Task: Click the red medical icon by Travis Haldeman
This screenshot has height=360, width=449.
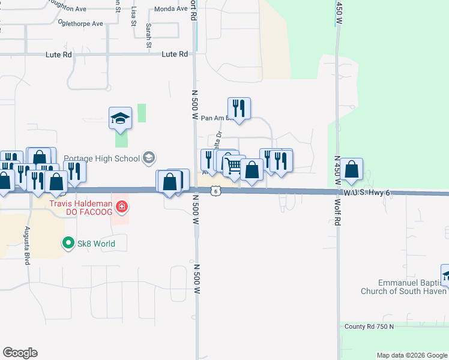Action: point(122,208)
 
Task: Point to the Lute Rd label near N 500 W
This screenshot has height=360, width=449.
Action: point(175,54)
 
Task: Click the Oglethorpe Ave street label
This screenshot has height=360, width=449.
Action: point(80,23)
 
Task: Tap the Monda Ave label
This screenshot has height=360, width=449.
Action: point(170,9)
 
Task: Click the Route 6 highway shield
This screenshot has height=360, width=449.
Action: point(215,191)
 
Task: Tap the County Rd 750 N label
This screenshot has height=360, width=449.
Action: point(370,326)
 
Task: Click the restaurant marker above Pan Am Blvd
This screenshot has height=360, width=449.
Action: point(239,109)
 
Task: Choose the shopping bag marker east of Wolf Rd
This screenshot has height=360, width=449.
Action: point(352,169)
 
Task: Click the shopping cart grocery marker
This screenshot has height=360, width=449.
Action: point(234,166)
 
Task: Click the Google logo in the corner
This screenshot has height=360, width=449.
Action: point(20,353)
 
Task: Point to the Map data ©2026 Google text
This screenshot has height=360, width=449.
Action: point(412,355)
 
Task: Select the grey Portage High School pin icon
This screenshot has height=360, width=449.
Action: point(149,158)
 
